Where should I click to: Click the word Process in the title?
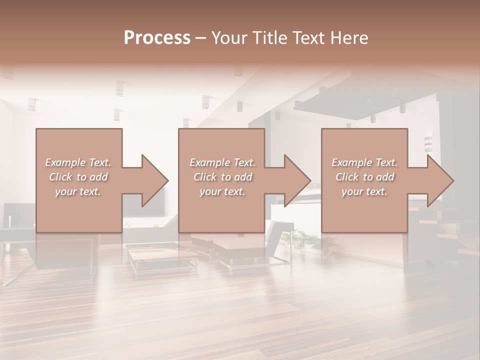pyautogui.click(x=157, y=38)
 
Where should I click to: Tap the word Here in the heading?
pyautogui.click(x=350, y=38)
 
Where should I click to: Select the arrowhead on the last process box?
pyautogui.click(x=438, y=180)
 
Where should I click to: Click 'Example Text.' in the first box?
pyautogui.click(x=78, y=162)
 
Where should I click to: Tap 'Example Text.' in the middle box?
pyautogui.click(x=222, y=162)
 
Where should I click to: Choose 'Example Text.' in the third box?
pyautogui.click(x=364, y=162)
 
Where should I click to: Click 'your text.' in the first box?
pyautogui.click(x=78, y=191)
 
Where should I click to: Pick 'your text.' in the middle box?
pyautogui.click(x=222, y=191)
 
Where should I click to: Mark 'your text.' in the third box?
pyautogui.click(x=364, y=191)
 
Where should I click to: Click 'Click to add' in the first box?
pyautogui.click(x=78, y=177)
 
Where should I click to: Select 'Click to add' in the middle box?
pyautogui.click(x=222, y=177)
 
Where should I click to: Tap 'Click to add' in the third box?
pyautogui.click(x=364, y=177)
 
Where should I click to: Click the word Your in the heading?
pyautogui.click(x=227, y=38)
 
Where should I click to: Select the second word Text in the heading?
pyautogui.click(x=308, y=38)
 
